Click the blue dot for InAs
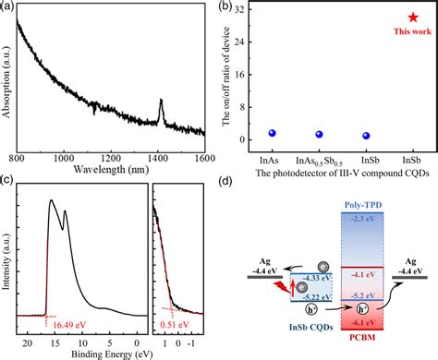point(272,133)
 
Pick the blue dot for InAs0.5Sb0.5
point(319,135)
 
